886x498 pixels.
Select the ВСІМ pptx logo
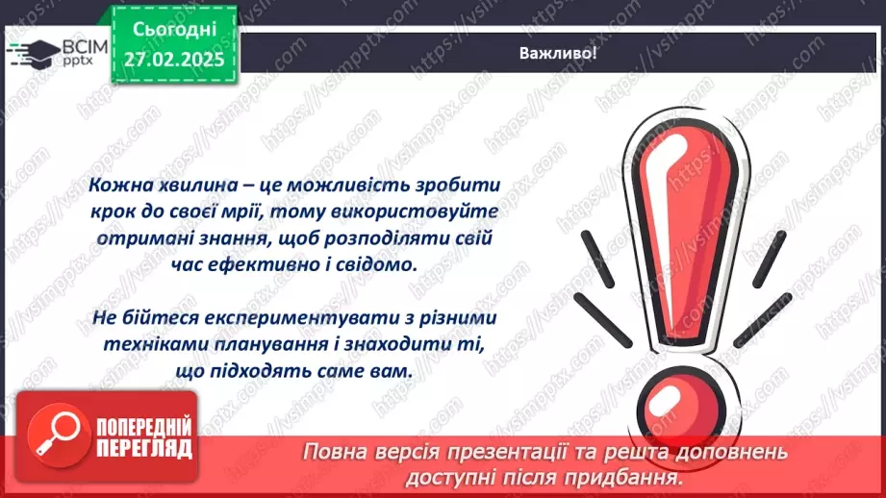point(49,51)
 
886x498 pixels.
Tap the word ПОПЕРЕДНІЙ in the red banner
point(143,427)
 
